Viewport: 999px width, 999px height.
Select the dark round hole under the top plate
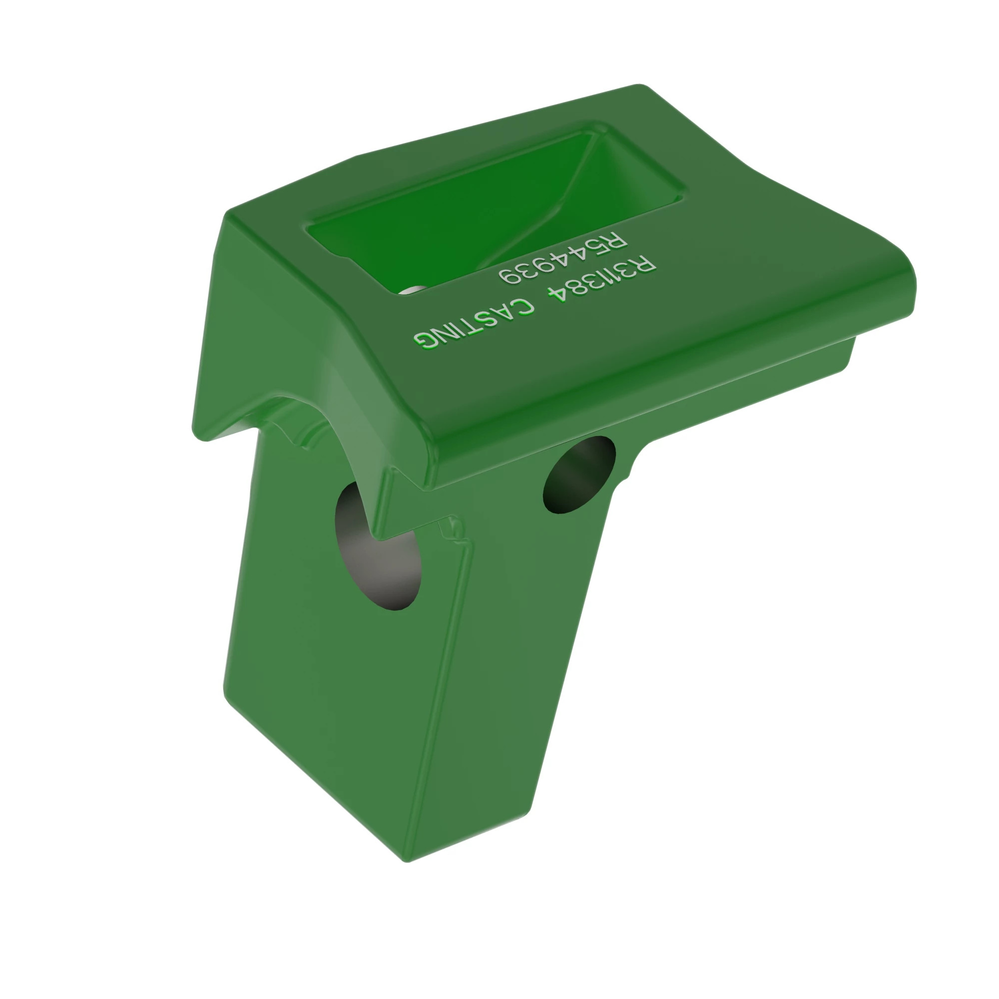pyautogui.click(x=579, y=475)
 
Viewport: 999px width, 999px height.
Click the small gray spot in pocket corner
pyautogui.click(x=411, y=290)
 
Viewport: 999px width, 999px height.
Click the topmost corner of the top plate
pyautogui.click(x=639, y=85)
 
